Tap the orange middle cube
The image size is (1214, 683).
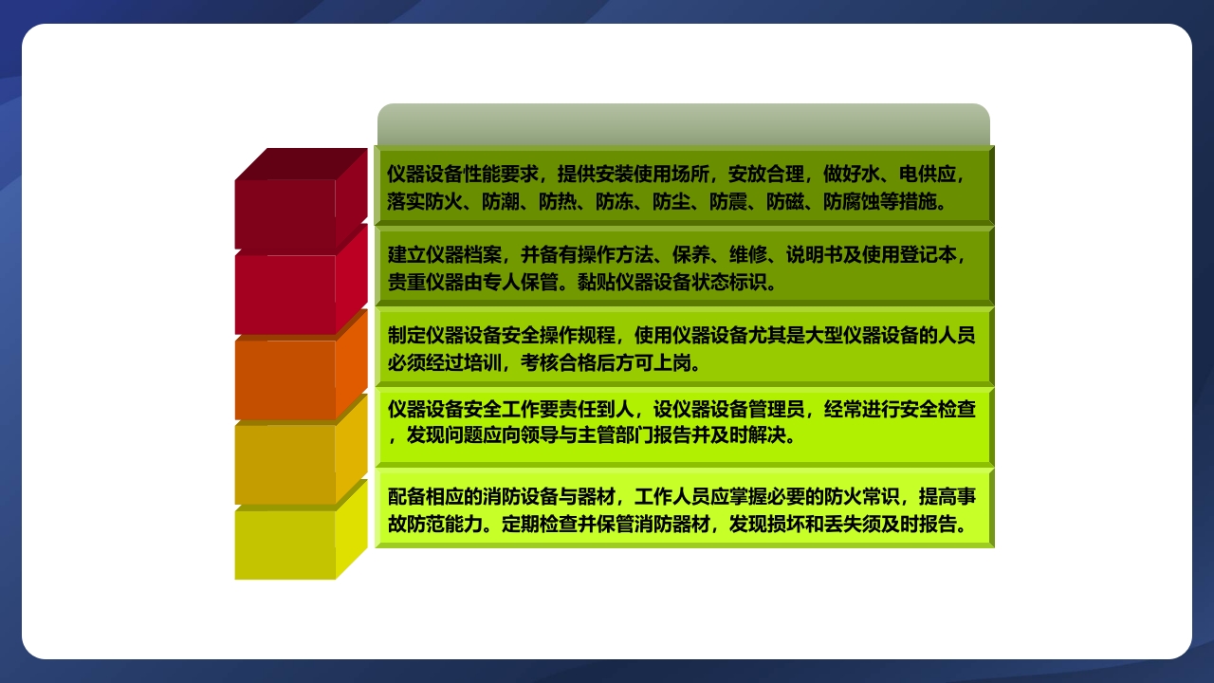point(285,378)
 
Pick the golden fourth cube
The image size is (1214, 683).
point(285,463)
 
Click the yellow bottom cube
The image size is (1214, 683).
point(285,544)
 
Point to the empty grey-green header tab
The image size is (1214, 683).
point(683,124)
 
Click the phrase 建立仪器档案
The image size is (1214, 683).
point(445,255)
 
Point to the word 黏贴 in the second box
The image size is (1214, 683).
point(597,283)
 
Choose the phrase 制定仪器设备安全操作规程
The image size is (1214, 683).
point(502,336)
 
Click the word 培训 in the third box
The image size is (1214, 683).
point(483,363)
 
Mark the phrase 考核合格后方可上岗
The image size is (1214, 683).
point(606,363)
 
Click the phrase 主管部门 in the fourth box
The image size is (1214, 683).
point(616,436)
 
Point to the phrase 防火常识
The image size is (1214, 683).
point(863,497)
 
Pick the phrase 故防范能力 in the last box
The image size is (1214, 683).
point(435,525)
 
